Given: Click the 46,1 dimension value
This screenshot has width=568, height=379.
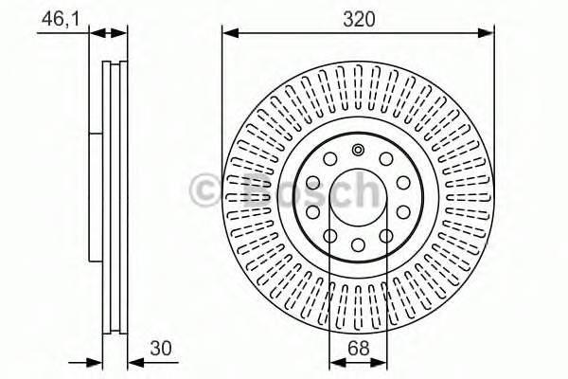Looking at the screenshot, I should click(57, 17).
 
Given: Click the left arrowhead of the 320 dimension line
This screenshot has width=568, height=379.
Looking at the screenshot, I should click(229, 33).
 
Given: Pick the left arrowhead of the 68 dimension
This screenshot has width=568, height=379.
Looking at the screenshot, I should click(333, 362).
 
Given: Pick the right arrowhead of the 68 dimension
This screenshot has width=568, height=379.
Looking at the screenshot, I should click(383, 362).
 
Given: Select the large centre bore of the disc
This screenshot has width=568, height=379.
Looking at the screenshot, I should click(358, 200).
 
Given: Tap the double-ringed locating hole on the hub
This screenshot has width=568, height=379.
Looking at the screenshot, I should click(358, 150).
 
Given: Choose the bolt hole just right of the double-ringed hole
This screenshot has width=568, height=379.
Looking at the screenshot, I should click(387, 159).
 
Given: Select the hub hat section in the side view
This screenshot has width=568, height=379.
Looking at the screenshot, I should click(96, 199).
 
